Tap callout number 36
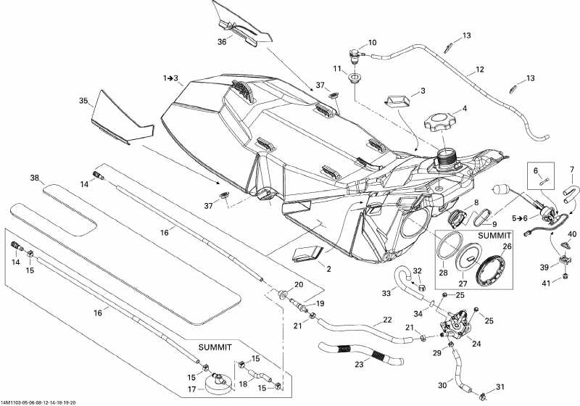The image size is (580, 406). [222, 43]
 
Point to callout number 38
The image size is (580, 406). [34, 178]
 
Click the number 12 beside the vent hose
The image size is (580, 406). [479, 70]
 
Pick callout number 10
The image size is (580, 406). [373, 43]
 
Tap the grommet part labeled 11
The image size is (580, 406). [356, 78]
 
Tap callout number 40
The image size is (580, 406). [573, 233]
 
